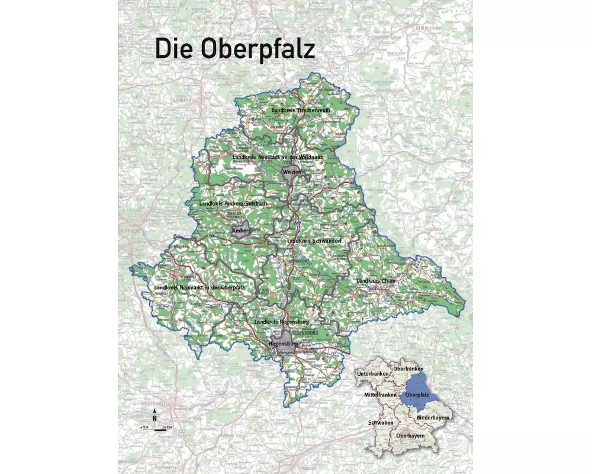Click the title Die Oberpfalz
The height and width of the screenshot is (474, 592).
(235, 48)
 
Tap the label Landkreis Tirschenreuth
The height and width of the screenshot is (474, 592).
(301, 110)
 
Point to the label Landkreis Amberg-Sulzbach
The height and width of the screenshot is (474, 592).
(234, 204)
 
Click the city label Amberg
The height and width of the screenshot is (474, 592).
(242, 230)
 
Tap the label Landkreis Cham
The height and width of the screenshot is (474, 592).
(375, 280)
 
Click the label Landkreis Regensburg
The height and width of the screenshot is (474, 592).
(282, 321)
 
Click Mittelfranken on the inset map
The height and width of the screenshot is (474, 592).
(380, 395)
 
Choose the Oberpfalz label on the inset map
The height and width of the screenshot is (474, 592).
(417, 395)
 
